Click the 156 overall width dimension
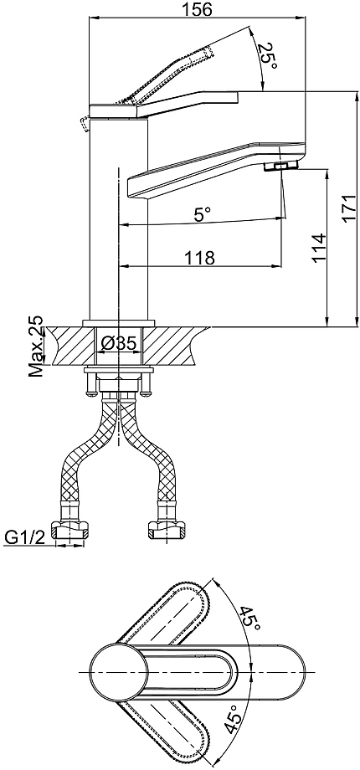tap(198, 9)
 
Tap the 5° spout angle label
tap(202, 213)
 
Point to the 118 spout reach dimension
tap(200, 257)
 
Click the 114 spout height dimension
tap(318, 249)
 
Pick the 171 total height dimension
tap(349, 209)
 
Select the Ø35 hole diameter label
tap(118, 344)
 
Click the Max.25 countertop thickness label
tap(36, 346)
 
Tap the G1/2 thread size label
tap(25, 537)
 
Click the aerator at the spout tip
tap(281, 166)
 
